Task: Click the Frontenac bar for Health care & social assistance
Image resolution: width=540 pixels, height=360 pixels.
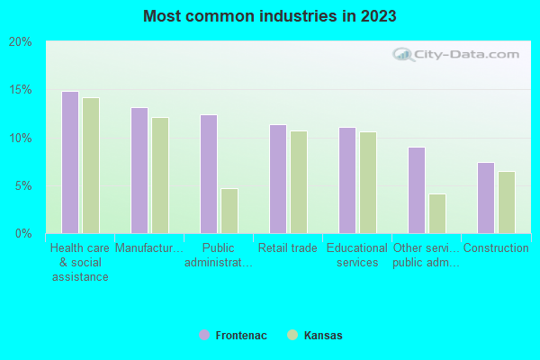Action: click(70, 163)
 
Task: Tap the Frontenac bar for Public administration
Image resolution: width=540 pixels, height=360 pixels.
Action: click(209, 175)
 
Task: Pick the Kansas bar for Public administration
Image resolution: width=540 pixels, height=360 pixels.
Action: click(229, 211)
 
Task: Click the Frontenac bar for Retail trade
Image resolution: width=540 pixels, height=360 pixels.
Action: click(278, 179)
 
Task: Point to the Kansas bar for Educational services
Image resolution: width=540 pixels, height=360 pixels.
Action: click(368, 183)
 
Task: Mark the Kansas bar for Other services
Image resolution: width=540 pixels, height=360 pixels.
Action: click(437, 213)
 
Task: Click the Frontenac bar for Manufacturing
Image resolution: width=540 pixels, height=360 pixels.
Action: click(139, 171)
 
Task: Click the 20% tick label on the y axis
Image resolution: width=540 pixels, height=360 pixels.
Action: click(20, 42)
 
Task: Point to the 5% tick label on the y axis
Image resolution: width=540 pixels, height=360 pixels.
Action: click(22, 186)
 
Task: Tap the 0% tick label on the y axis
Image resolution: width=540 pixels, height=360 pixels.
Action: click(22, 234)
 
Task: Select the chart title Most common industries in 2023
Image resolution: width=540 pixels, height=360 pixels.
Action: click(269, 16)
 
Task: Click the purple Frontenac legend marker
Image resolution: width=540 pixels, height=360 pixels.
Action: click(204, 335)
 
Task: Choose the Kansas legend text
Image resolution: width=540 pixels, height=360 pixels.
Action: click(323, 336)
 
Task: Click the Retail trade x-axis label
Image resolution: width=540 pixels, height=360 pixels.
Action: click(287, 248)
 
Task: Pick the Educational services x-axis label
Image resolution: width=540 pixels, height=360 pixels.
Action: click(356, 255)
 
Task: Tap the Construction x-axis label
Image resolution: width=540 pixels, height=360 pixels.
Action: click(495, 248)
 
